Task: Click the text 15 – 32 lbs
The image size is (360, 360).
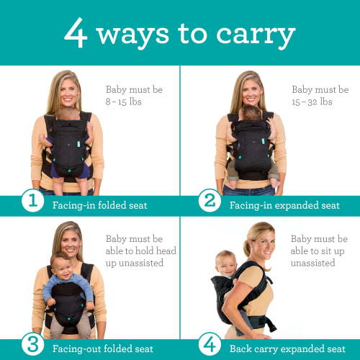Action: pyautogui.click(x=312, y=102)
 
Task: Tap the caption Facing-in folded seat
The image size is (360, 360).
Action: pyautogui.click(x=99, y=205)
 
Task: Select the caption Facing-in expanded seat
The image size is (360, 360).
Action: pyautogui.click(x=284, y=205)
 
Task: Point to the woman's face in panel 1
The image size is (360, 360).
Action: pyautogui.click(x=63, y=92)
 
